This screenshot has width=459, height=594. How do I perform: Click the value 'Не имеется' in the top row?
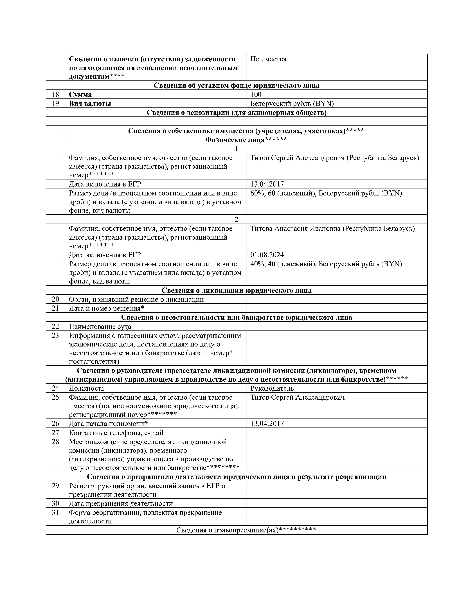point(268,59)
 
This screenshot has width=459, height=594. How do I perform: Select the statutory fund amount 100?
point(256,94)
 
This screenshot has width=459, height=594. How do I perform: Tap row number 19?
point(55,103)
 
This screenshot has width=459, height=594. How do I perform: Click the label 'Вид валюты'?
point(90,103)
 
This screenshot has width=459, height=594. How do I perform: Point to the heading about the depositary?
point(237,112)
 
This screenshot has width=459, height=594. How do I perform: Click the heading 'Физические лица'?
point(246,139)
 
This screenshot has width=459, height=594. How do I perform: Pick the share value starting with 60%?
point(326,193)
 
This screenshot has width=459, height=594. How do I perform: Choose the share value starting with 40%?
point(326,264)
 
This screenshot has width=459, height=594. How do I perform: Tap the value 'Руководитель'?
point(272,388)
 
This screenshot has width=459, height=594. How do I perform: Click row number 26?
point(55,424)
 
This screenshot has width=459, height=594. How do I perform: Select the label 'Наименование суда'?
point(100,326)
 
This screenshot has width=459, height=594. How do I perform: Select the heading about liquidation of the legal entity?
point(237,290)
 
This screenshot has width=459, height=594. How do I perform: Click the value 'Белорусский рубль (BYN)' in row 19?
point(292,103)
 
